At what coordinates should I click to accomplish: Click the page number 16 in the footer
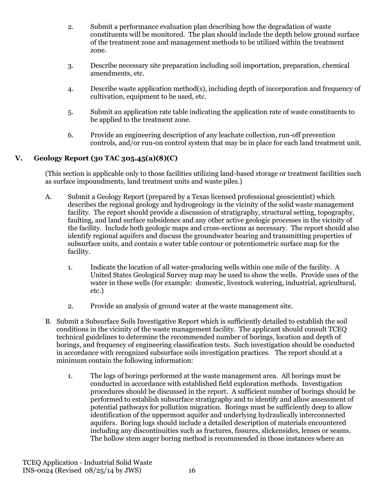192,470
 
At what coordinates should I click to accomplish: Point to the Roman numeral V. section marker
19,158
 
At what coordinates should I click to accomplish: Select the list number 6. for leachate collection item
71,135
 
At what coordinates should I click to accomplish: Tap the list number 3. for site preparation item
71,66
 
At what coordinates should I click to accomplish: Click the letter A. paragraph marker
49,197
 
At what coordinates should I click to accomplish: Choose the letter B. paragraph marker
48,322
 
